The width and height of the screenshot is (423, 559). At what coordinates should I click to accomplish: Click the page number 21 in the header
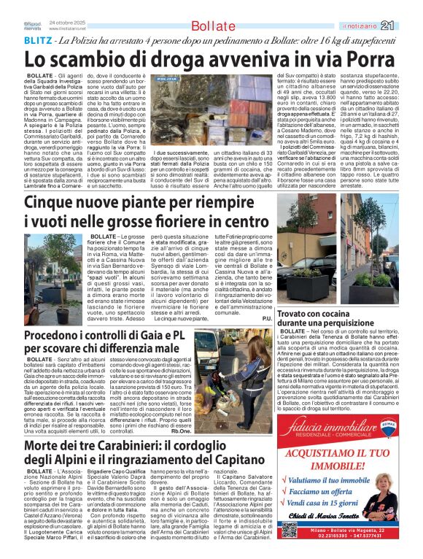pyautogui.click(x=408, y=26)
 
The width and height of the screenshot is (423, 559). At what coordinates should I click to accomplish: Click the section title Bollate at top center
pyautogui.click(x=212, y=27)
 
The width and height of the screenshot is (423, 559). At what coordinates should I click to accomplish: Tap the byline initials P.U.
pyautogui.click(x=267, y=319)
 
